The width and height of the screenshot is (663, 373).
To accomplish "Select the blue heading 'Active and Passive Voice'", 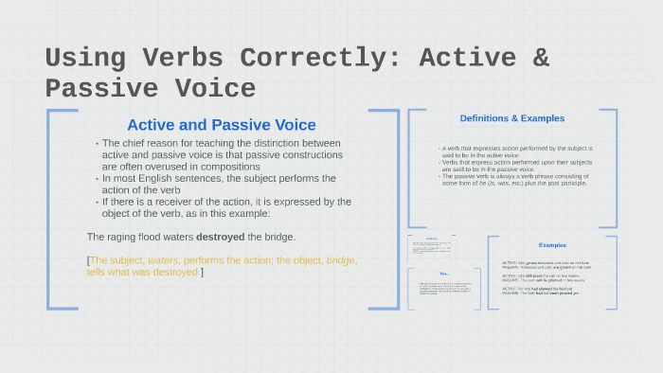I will point(222,125).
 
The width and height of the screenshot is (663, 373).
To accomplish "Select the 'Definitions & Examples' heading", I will point(511,118).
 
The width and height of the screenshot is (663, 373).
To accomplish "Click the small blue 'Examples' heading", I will point(552,245).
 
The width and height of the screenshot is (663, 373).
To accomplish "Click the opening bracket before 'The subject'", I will point(88,259).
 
